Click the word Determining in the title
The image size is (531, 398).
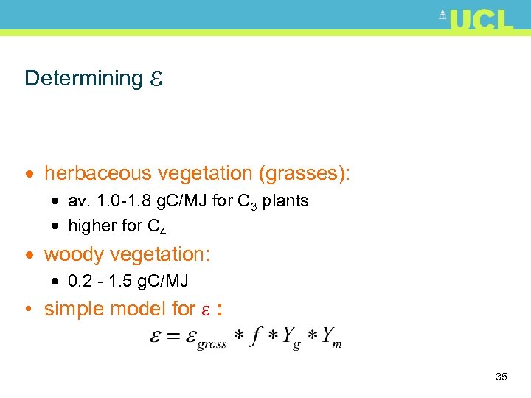tap(83, 78)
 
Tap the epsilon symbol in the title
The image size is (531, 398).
tap(156, 79)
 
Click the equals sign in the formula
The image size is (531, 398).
tap(174, 336)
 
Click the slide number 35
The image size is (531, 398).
tap(502, 377)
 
